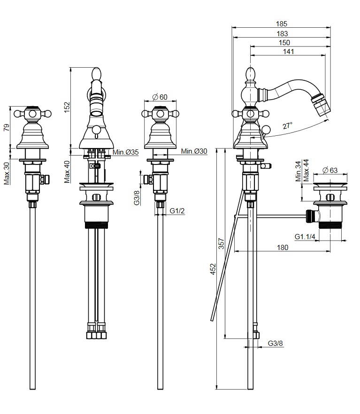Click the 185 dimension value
coord(282,23)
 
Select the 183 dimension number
coord(282,33)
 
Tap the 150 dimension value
coord(284,43)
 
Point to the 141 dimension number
coord(288,52)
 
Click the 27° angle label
coord(287,125)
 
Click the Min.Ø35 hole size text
coord(125,152)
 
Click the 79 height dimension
coord(6,127)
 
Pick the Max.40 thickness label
coord(67,172)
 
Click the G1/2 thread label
coord(177,211)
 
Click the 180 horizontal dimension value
coord(282,248)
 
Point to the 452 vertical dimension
coord(212,269)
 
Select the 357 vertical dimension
coord(222,243)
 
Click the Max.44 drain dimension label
coord(306,170)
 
